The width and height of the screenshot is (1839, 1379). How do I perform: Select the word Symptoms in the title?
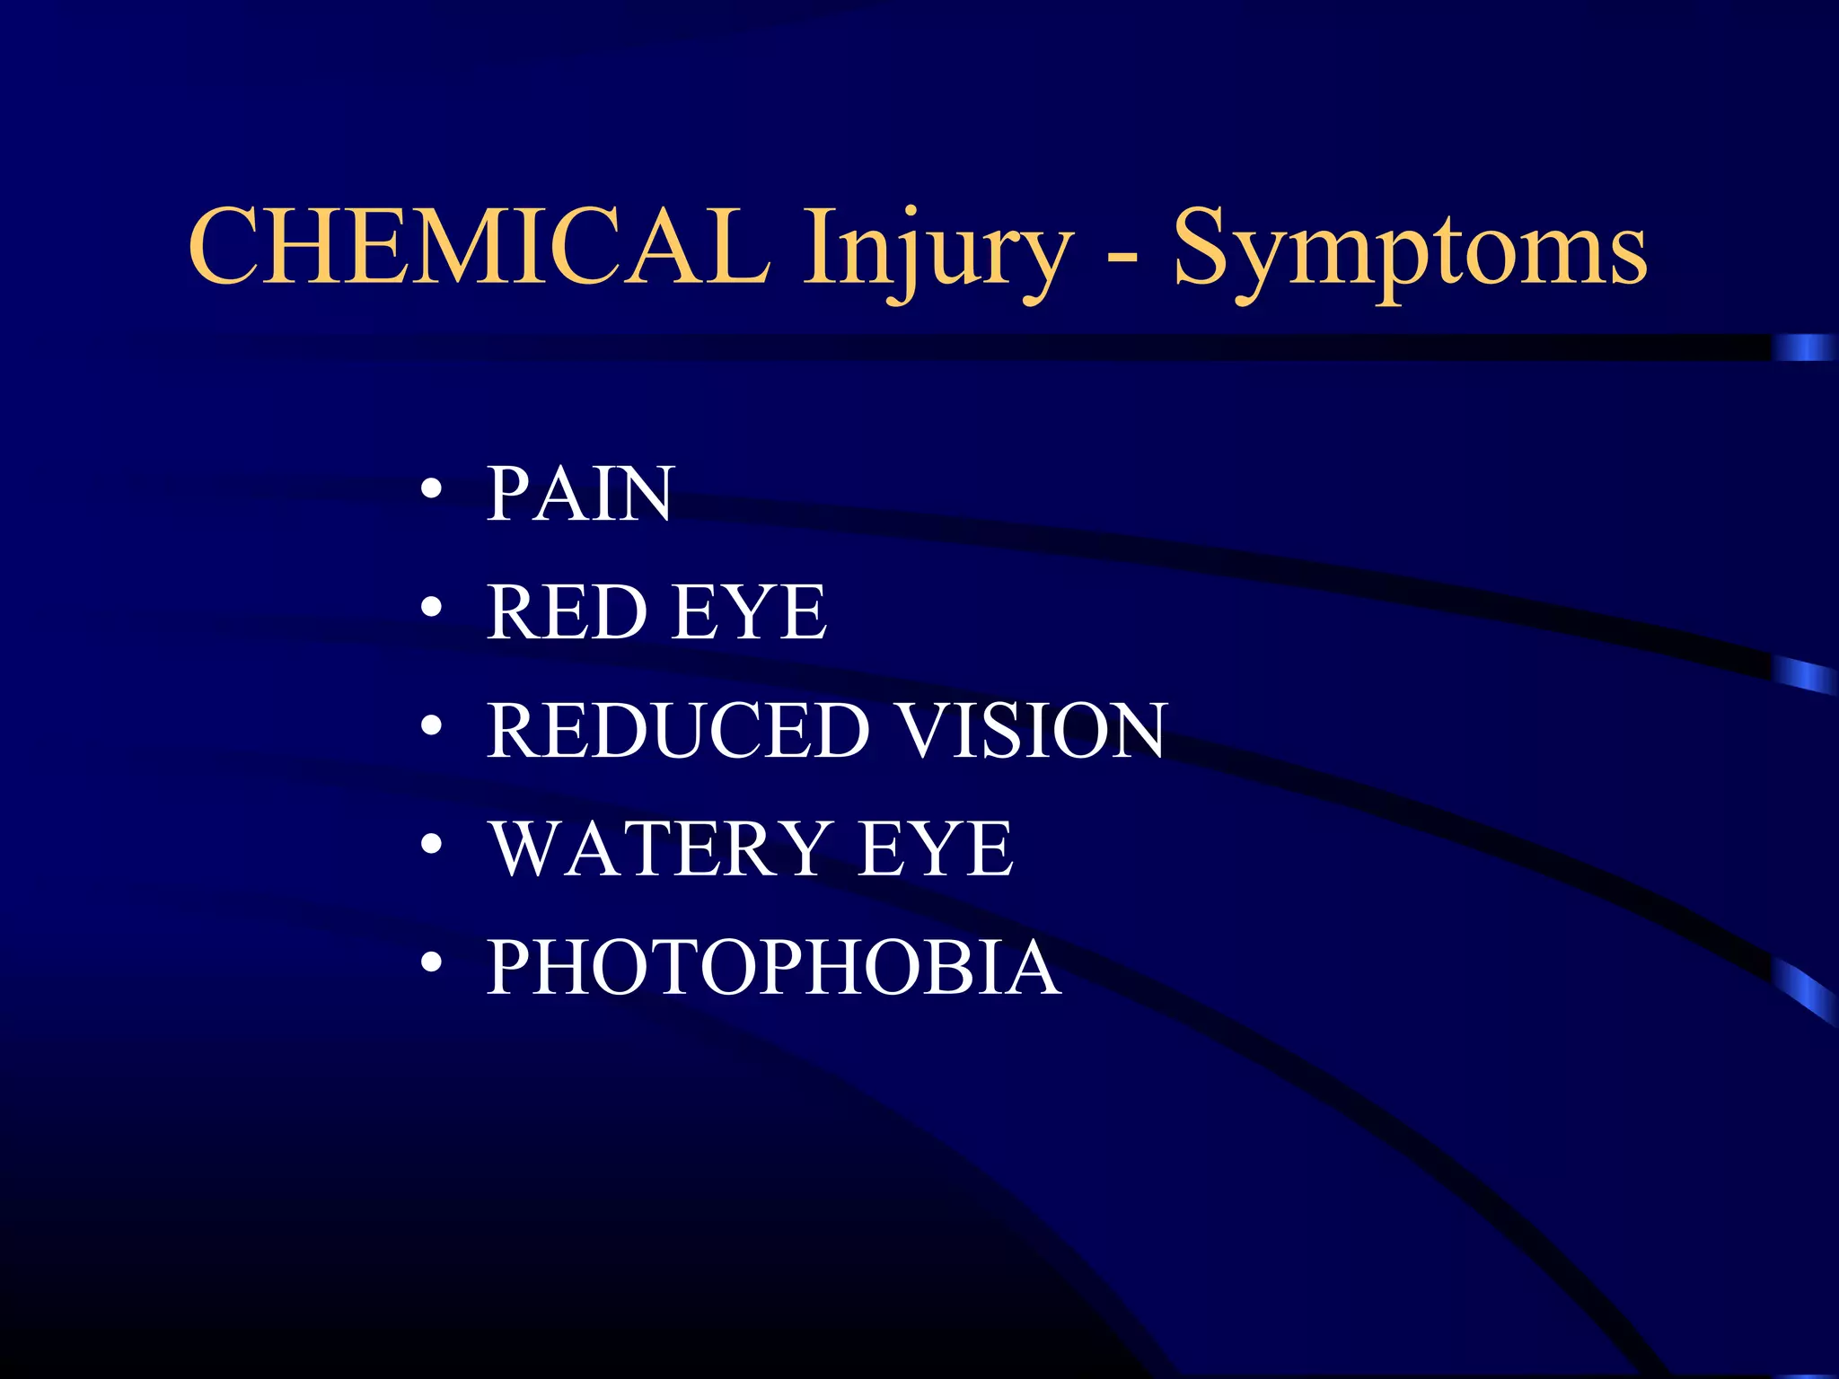pyautogui.click(x=1410, y=251)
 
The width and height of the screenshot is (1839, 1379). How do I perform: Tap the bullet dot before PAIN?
pyautogui.click(x=432, y=490)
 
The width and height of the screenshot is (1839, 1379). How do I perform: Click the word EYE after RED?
pyautogui.click(x=751, y=612)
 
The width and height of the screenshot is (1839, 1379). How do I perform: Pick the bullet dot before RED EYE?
pyautogui.click(x=432, y=609)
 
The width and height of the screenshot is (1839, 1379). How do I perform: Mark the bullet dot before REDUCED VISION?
pyautogui.click(x=432, y=726)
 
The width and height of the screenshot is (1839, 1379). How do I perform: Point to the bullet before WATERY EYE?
pyautogui.click(x=432, y=845)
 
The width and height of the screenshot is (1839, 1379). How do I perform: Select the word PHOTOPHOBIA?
pyautogui.click(x=773, y=967)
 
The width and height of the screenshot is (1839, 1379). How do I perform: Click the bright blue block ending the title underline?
pyautogui.click(x=1803, y=347)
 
